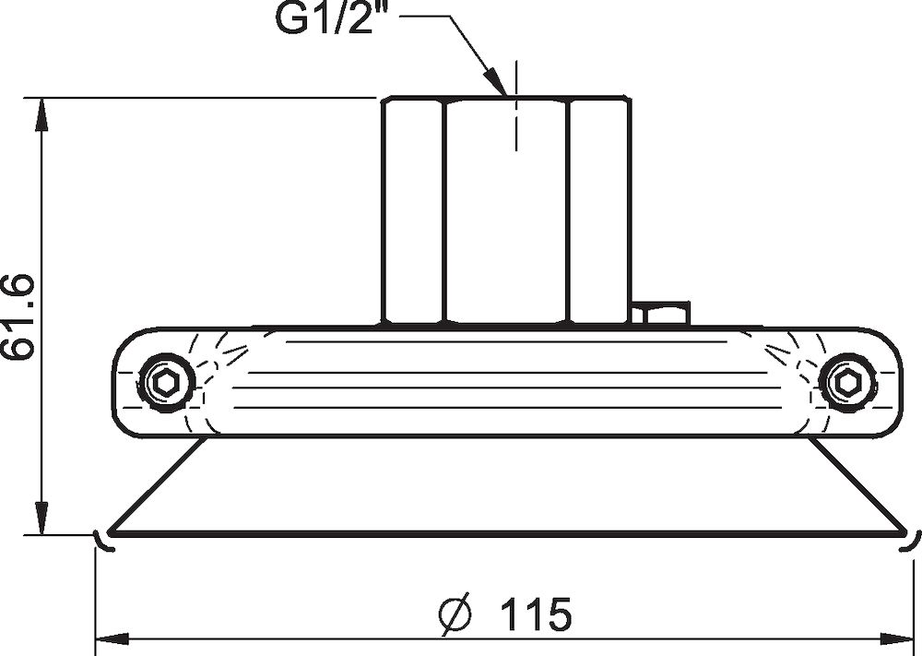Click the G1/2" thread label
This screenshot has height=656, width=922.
325,18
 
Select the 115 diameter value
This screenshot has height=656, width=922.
535,614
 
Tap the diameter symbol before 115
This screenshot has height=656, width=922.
455,615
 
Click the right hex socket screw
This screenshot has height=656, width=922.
846,384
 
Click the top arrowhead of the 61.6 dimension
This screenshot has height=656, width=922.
41,114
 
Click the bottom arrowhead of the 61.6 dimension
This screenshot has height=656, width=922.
41,518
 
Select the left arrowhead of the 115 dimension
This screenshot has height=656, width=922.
112,639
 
